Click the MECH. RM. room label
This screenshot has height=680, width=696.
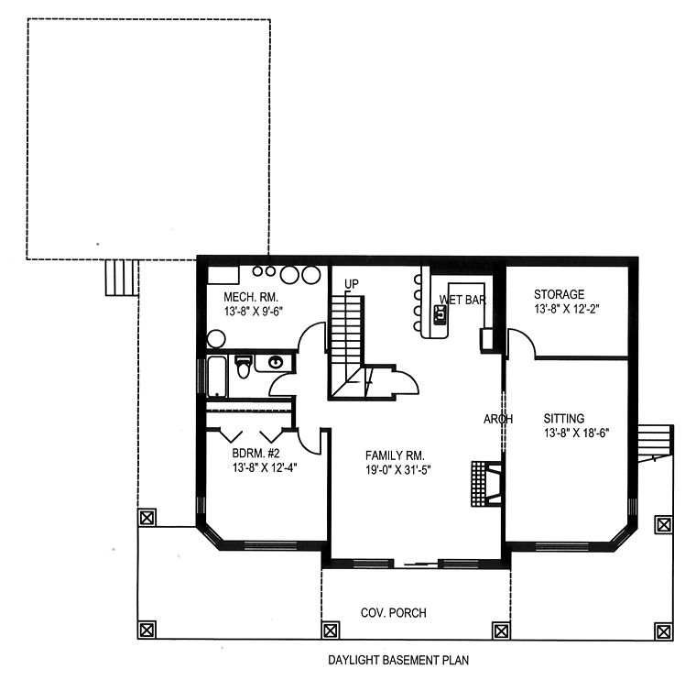pyautogui.click(x=251, y=297)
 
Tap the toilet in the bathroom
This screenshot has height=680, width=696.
pyautogui.click(x=244, y=367)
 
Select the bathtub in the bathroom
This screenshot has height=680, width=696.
pyautogui.click(x=217, y=377)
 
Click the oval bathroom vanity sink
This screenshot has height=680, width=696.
pyautogui.click(x=276, y=363)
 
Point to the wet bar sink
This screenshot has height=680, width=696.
pyautogui.click(x=440, y=314)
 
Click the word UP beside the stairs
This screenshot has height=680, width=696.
pyautogui.click(x=352, y=283)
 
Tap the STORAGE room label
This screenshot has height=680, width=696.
pyautogui.click(x=559, y=294)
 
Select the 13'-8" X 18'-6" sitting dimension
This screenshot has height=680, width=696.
pyautogui.click(x=577, y=433)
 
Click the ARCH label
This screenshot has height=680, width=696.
pyautogui.click(x=498, y=419)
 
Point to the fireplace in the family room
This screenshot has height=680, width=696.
pyautogui.click(x=486, y=484)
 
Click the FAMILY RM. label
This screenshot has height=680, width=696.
pyautogui.click(x=395, y=455)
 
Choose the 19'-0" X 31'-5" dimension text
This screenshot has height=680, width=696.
pyautogui.click(x=398, y=469)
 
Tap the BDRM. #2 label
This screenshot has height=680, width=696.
pyautogui.click(x=256, y=454)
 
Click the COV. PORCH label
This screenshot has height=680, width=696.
pyautogui.click(x=393, y=613)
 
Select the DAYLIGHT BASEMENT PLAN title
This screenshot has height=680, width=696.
pyautogui.click(x=398, y=661)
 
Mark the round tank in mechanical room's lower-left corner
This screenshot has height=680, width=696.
pyautogui.click(x=216, y=339)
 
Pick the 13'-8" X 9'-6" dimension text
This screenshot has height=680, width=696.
pyautogui.click(x=253, y=311)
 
